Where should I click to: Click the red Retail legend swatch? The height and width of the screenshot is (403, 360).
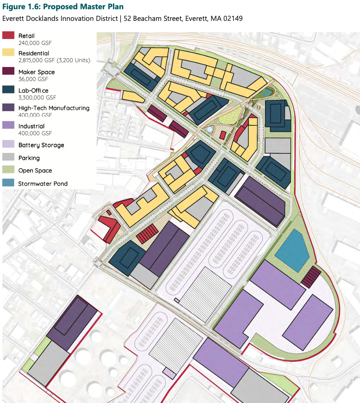[x=8, y=36]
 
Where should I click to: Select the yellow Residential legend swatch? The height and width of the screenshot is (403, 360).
[x=8, y=53]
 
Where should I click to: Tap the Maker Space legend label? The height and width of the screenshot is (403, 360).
[x=37, y=72]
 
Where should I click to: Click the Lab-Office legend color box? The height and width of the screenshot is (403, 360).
[x=8, y=90]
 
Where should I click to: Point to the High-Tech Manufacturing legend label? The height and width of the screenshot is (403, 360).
[x=54, y=108]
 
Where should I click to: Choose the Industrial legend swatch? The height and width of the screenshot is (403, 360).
[x=8, y=126]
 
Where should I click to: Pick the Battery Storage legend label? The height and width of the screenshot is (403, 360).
[x=41, y=145]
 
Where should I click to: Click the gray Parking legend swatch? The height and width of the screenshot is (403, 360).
[x=8, y=158]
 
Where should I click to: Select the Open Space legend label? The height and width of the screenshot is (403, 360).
[x=35, y=171]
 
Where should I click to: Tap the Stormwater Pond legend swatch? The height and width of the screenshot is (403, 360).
[x=8, y=183]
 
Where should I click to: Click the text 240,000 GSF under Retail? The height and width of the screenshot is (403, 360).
[x=35, y=43]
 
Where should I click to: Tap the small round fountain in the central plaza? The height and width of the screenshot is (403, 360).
[x=210, y=130]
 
